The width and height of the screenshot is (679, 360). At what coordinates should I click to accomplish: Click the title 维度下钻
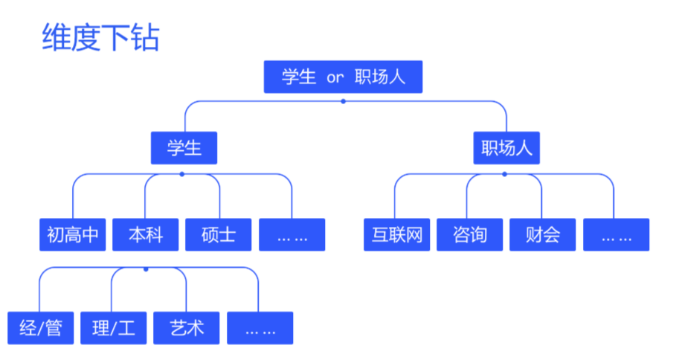pyautogui.click(x=100, y=38)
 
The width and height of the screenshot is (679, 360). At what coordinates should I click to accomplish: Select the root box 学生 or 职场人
pyautogui.click(x=343, y=77)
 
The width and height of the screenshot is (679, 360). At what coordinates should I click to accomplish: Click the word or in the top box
pyautogui.click(x=335, y=77)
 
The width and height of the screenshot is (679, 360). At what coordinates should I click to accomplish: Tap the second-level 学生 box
pyautogui.click(x=184, y=147)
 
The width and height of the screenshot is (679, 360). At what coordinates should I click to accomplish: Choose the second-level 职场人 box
pyautogui.click(x=506, y=147)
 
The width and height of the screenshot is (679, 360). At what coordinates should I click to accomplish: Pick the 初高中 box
pyautogui.click(x=72, y=234)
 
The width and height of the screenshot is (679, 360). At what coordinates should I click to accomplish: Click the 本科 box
pyautogui.click(x=145, y=234)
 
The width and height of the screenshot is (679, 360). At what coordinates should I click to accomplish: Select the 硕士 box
pyautogui.click(x=219, y=234)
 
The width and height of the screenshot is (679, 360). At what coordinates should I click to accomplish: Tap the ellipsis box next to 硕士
pyautogui.click(x=292, y=234)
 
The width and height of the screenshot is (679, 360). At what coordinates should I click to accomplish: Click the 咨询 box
pyautogui.click(x=469, y=234)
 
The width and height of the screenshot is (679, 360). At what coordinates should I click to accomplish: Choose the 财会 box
pyautogui.click(x=542, y=234)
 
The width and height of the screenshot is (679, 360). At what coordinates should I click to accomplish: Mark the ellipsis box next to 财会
pyautogui.click(x=616, y=234)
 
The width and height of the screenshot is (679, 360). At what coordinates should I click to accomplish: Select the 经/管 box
pyautogui.click(x=40, y=328)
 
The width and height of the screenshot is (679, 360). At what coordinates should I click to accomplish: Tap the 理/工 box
pyautogui.click(x=114, y=328)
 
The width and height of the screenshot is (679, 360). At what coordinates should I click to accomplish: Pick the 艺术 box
pyautogui.click(x=187, y=328)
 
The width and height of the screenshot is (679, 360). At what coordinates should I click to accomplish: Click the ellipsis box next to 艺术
pyautogui.click(x=260, y=328)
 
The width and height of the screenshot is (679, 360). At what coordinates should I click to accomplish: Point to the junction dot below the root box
pyautogui.click(x=343, y=100)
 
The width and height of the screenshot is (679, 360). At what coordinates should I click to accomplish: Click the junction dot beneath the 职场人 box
pyautogui.click(x=504, y=174)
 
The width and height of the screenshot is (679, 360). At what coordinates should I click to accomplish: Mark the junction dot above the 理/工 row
pyautogui.click(x=146, y=268)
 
